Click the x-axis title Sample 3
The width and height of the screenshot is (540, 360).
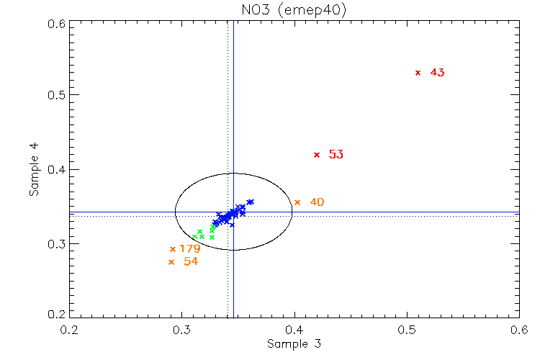pyautogui.click(x=294, y=343)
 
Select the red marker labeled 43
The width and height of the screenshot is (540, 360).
pyautogui.click(x=418, y=73)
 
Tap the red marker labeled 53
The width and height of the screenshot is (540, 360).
pyautogui.click(x=316, y=155)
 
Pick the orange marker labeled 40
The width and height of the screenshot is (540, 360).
pyautogui.click(x=297, y=202)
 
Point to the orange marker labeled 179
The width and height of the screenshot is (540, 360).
pyautogui.click(x=172, y=249)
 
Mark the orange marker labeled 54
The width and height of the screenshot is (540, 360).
pyautogui.click(x=171, y=262)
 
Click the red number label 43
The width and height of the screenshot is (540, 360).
pyautogui.click(x=437, y=73)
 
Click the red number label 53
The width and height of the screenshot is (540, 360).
pyautogui.click(x=336, y=155)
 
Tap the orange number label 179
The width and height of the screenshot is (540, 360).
pyautogui.click(x=190, y=249)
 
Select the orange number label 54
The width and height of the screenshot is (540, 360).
pyautogui.click(x=191, y=262)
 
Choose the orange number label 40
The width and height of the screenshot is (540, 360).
pyautogui.click(x=317, y=202)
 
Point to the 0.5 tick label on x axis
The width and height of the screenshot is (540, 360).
pyautogui.click(x=407, y=329)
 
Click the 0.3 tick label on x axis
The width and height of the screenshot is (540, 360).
pyautogui.click(x=182, y=329)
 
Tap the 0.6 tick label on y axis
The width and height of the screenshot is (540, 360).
pyautogui.click(x=58, y=24)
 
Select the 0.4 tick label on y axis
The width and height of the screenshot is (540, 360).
pyautogui.click(x=58, y=170)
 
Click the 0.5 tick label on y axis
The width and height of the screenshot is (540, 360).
pyautogui.click(x=58, y=96)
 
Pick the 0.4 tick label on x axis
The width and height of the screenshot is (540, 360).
pyautogui.click(x=294, y=329)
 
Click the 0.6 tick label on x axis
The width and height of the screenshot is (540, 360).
pyautogui.click(x=518, y=329)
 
